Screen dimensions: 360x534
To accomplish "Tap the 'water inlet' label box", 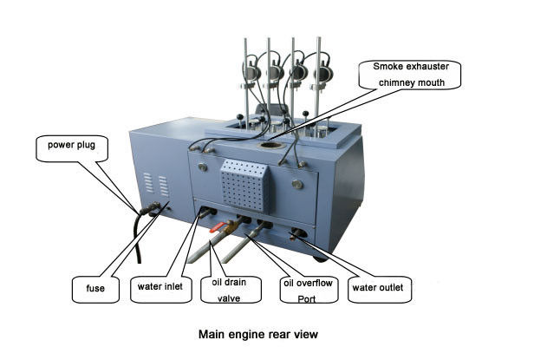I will (x=160, y=285).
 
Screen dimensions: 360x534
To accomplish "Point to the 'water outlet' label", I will (x=378, y=285).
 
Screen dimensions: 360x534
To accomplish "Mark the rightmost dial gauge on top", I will (x=324, y=74).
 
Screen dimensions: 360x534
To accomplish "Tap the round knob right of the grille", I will (x=299, y=183).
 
